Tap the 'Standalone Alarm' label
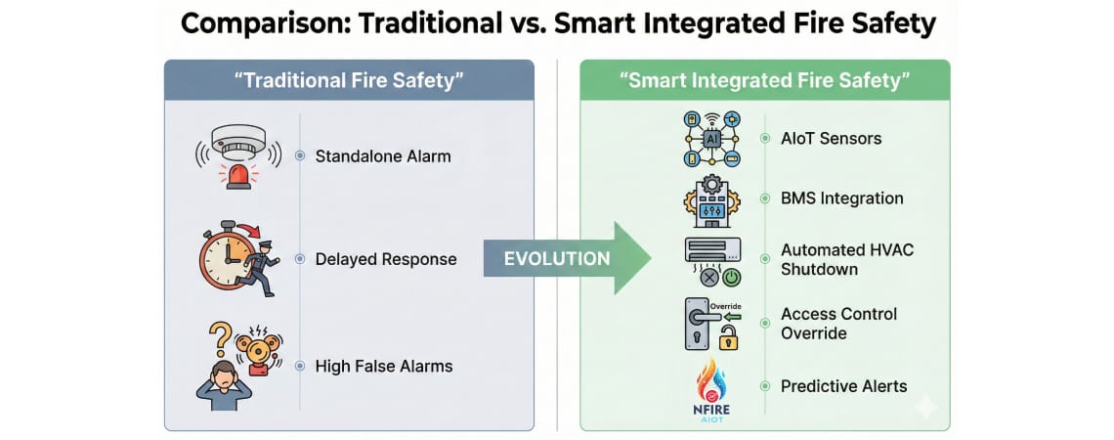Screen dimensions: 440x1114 pyautogui.click(x=383, y=155)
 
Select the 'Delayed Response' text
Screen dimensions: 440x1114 pyautogui.click(x=385, y=259)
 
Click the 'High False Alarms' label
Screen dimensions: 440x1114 pyautogui.click(x=384, y=367)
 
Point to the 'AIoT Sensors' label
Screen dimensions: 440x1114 pyautogui.click(x=831, y=138)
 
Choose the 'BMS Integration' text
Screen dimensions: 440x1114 pyautogui.click(x=841, y=198)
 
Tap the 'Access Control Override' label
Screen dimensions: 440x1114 pyautogui.click(x=838, y=324)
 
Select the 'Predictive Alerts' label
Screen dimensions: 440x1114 pyautogui.click(x=843, y=386)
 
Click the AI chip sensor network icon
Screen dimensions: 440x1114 pyautogui.click(x=711, y=139)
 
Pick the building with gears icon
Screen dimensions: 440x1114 pyautogui.click(x=711, y=200)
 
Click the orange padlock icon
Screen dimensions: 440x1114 pyautogui.click(x=728, y=338)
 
